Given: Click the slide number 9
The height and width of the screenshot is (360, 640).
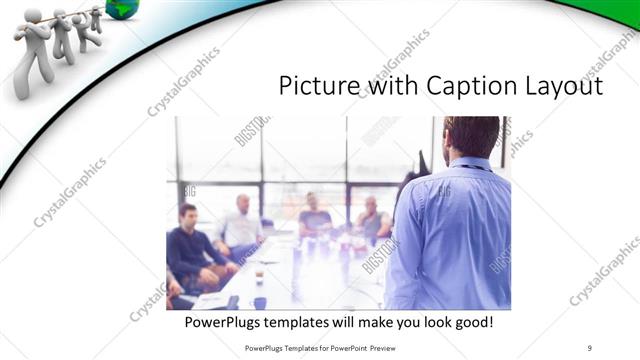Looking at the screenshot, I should click(x=591, y=347).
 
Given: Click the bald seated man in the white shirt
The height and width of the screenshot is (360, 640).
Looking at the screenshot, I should click(x=241, y=224).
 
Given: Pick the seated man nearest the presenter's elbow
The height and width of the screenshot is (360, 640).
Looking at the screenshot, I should click(x=373, y=220).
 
